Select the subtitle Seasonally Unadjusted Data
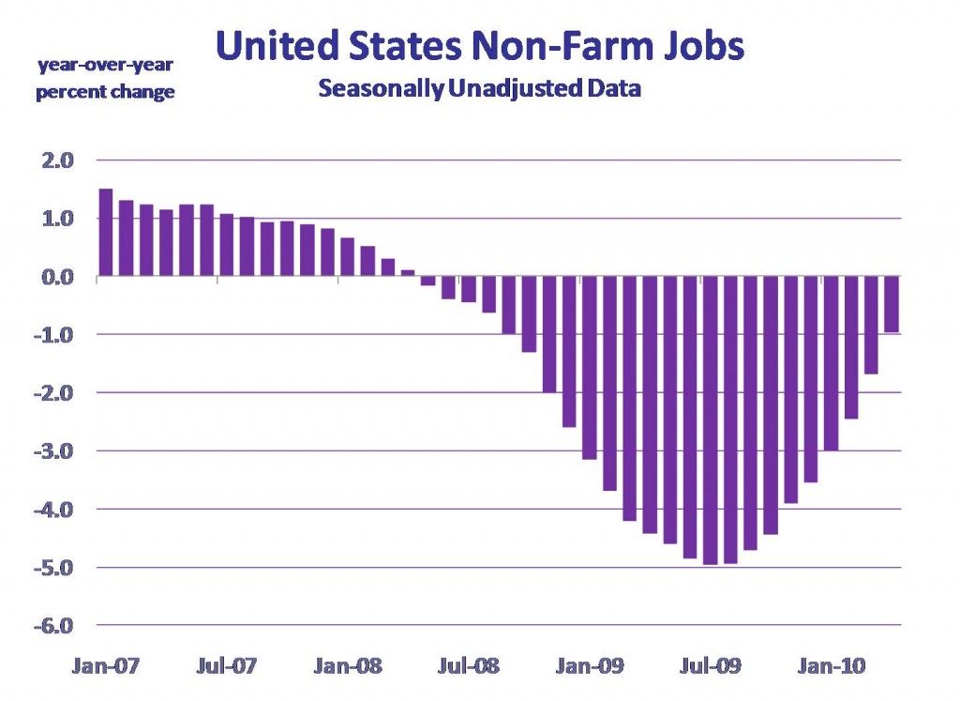click(x=479, y=89)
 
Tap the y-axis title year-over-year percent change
click(x=105, y=79)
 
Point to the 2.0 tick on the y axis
click(x=55, y=160)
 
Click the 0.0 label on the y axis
click(x=55, y=277)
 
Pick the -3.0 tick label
click(x=53, y=451)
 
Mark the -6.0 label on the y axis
click(x=53, y=626)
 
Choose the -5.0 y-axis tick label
click(x=53, y=568)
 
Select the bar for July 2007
click(x=226, y=245)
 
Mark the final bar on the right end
click(x=892, y=304)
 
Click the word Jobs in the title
click(x=697, y=45)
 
